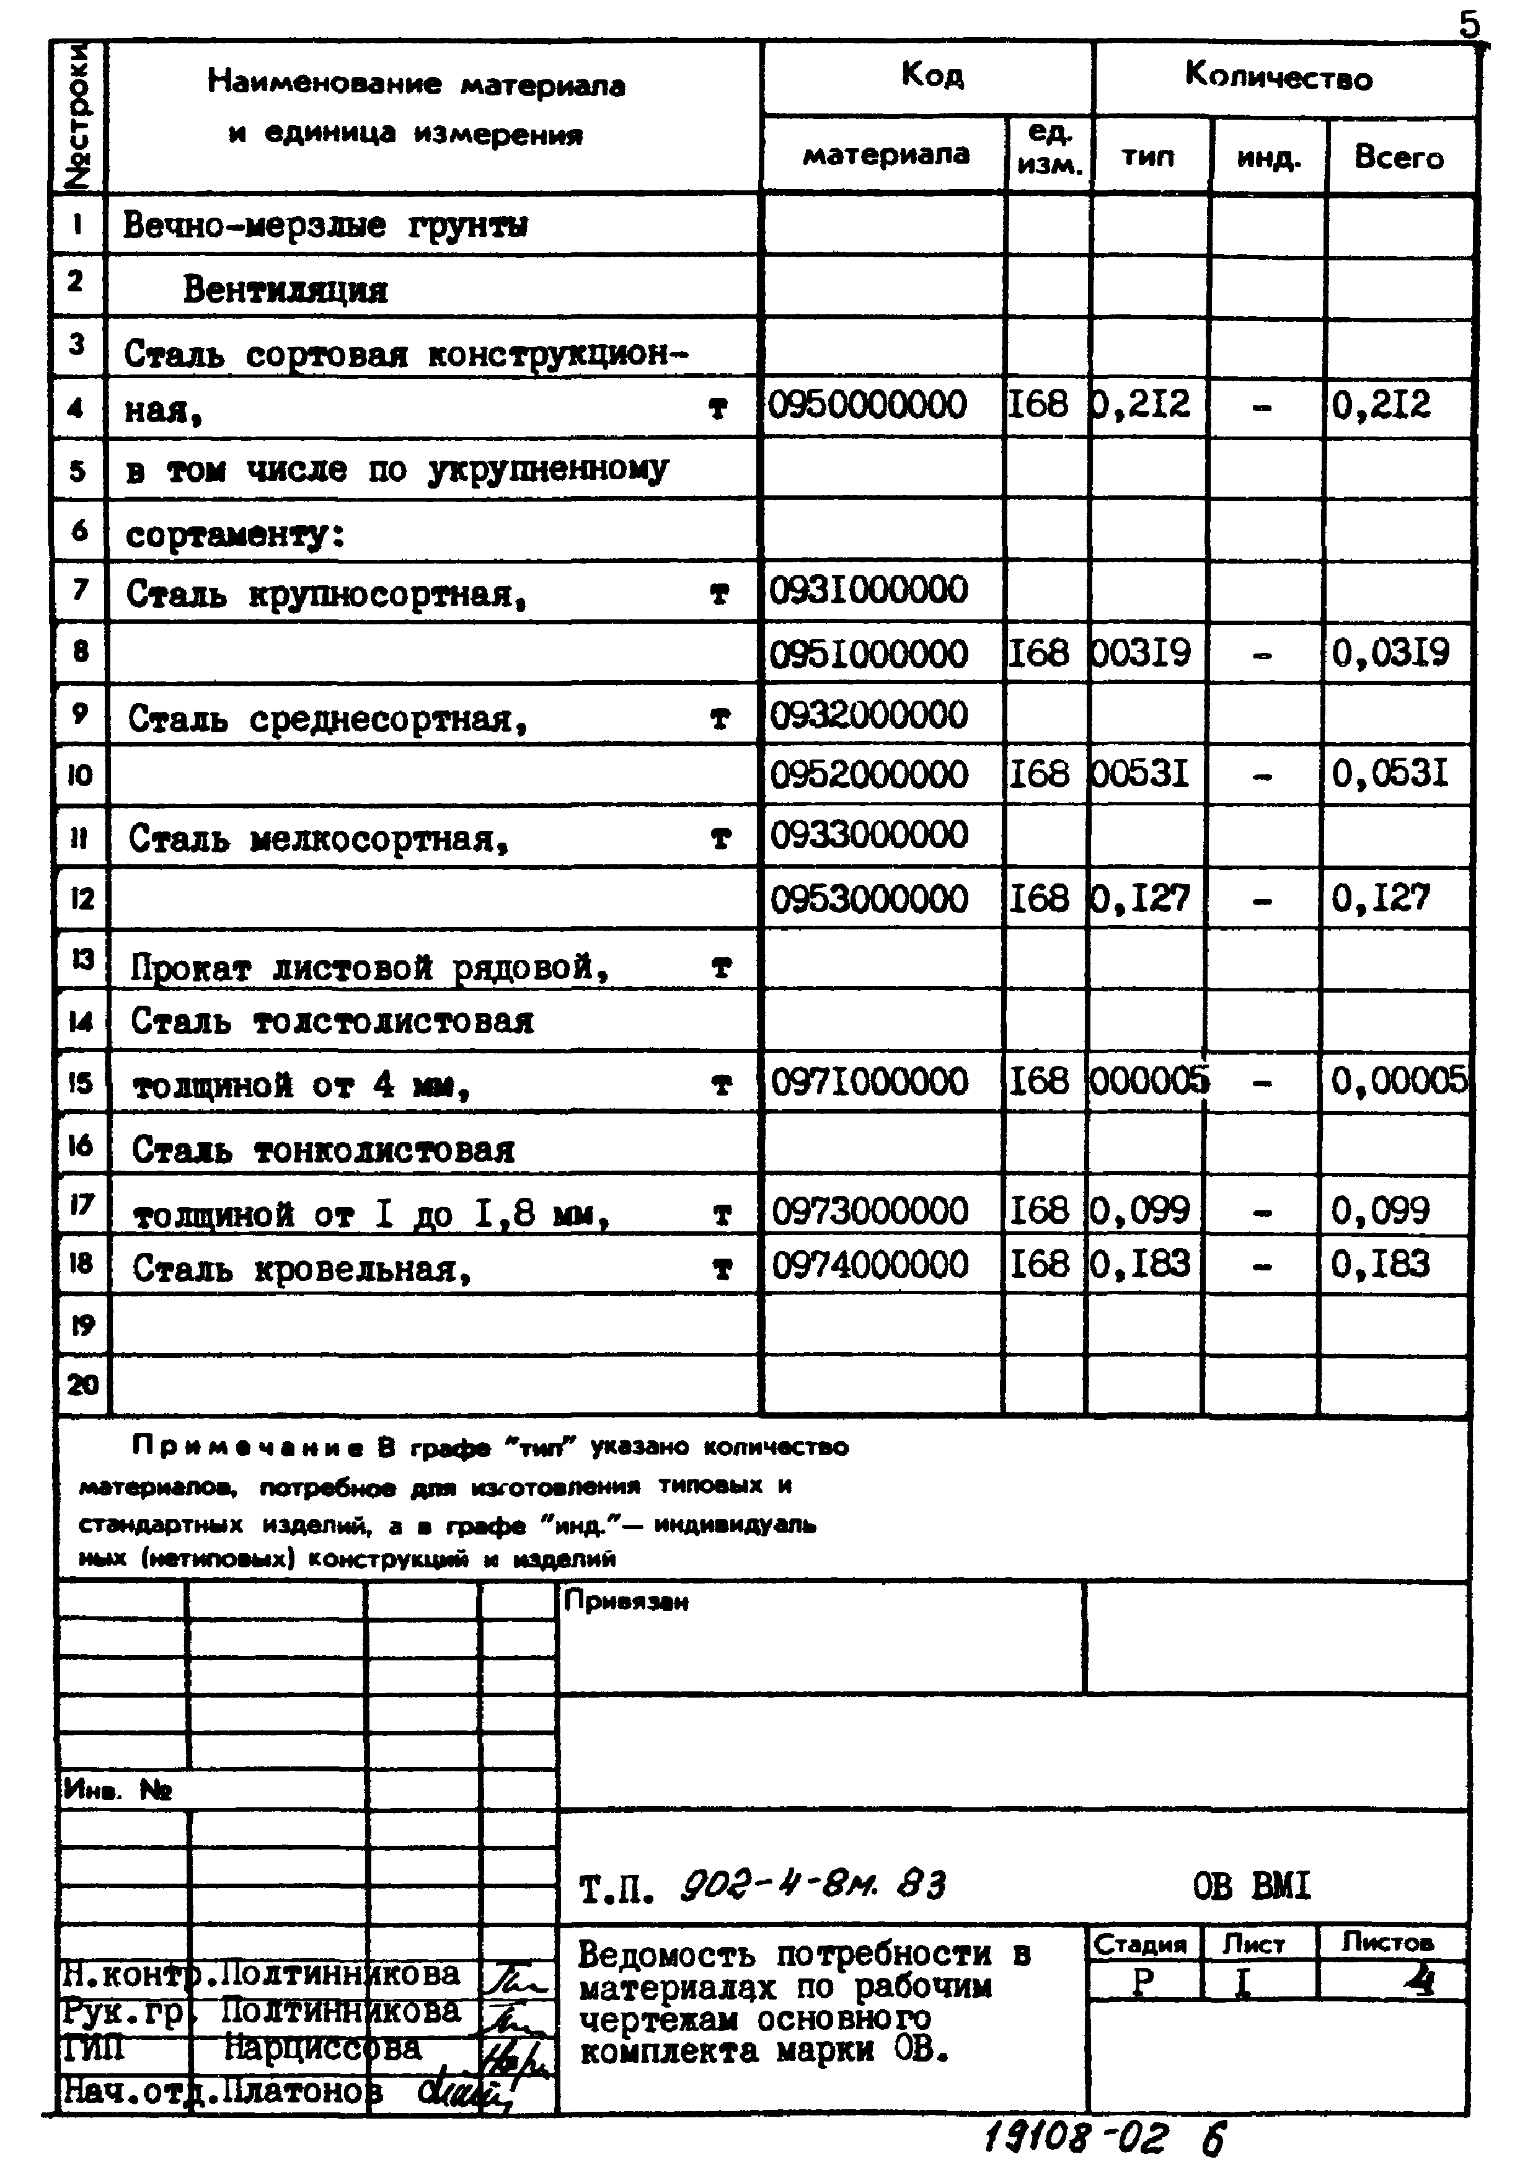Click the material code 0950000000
click(x=867, y=405)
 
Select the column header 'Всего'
click(x=1399, y=157)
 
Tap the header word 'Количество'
click(x=1278, y=77)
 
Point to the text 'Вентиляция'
click(x=285, y=289)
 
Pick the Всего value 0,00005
click(x=1399, y=1080)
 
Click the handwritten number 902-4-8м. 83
click(x=813, y=1884)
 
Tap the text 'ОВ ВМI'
click(x=1251, y=1886)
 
